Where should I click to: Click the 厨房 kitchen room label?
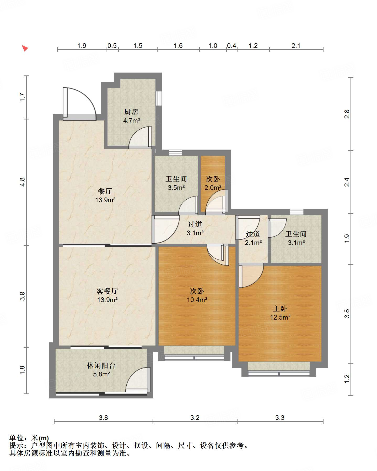[131, 112]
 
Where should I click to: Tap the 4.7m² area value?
[132, 121]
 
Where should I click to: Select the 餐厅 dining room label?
[105, 191]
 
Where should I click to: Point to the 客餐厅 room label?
[107, 291]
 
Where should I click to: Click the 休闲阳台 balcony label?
[101, 365]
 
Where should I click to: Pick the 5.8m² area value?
[101, 374]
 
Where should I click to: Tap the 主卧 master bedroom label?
[280, 309]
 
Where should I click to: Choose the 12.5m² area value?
[280, 317]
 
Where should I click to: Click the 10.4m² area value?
[197, 300]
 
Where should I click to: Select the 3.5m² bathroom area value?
[176, 188]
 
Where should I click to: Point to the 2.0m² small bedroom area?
[213, 188]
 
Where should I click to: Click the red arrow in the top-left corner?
[25, 48]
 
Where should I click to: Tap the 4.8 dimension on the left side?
[23, 182]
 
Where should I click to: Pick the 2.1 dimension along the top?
[296, 46]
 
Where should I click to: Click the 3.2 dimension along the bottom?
[195, 418]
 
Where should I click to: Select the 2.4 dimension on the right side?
[347, 182]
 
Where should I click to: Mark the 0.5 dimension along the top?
[112, 46]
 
